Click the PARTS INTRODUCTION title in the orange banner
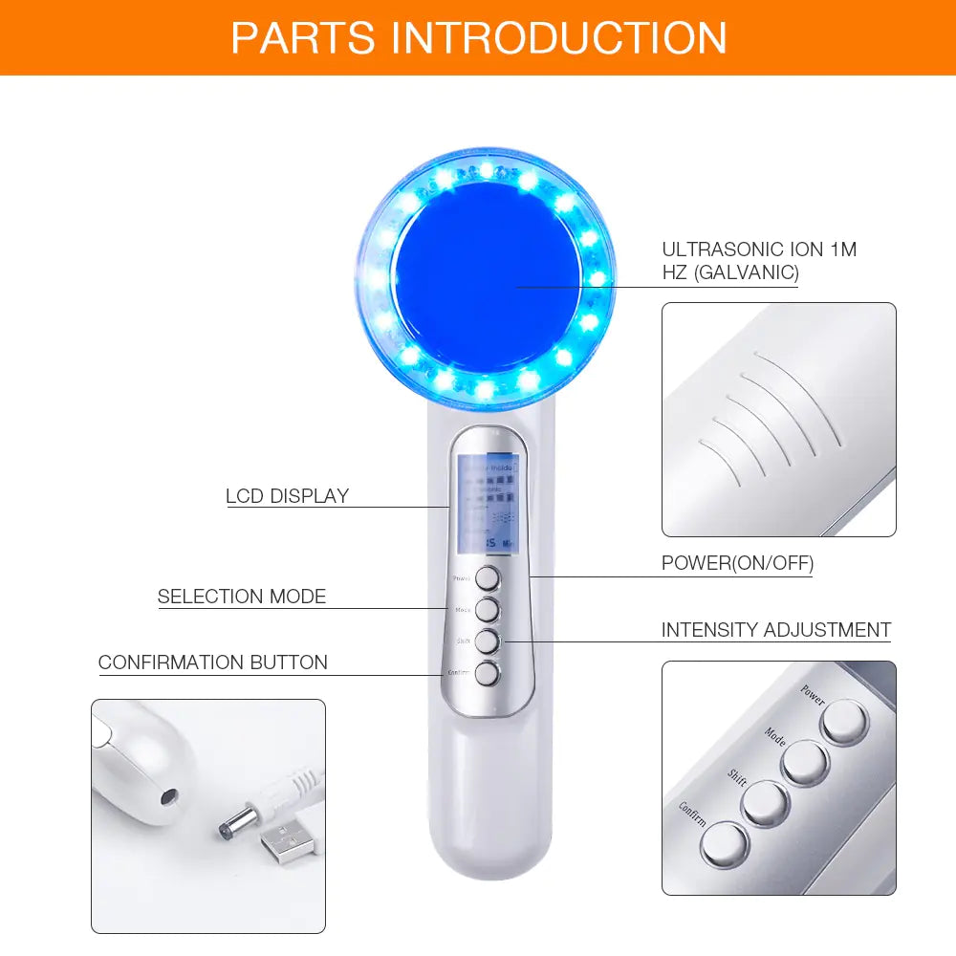(x=478, y=37)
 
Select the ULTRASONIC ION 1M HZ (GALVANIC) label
(x=759, y=261)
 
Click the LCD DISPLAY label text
(x=287, y=496)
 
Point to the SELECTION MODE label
(x=242, y=597)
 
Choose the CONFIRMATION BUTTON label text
(x=212, y=663)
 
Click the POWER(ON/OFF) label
(x=737, y=563)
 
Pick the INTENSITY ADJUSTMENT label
(x=775, y=630)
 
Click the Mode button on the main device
(x=489, y=609)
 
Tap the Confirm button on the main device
(x=489, y=674)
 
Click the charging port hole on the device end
(x=168, y=795)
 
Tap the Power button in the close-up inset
(x=844, y=723)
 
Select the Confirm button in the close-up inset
(x=723, y=843)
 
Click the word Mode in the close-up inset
(x=774, y=737)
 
